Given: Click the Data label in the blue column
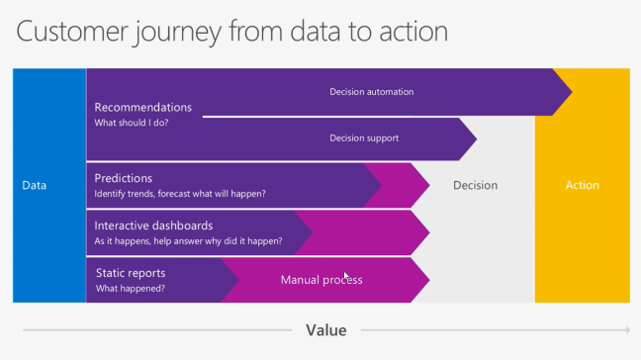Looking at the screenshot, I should point(35,185).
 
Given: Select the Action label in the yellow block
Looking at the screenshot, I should point(582,185).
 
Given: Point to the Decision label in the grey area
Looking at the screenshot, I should point(475,185).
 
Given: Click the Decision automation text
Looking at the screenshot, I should point(371,92).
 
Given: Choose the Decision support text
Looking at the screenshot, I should point(364,138).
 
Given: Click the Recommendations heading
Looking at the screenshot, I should point(142,107).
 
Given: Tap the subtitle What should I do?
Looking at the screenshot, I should point(132,123).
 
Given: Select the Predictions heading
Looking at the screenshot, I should point(123,178).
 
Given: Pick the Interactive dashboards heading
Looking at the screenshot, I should point(153,225).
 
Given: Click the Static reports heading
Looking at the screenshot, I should point(131,273).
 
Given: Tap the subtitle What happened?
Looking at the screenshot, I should point(130,289).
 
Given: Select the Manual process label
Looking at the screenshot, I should point(321,280).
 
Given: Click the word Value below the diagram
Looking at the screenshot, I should point(325,330).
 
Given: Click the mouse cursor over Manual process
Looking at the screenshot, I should point(345,277).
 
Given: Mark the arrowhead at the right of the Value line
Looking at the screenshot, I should point(626,330).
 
